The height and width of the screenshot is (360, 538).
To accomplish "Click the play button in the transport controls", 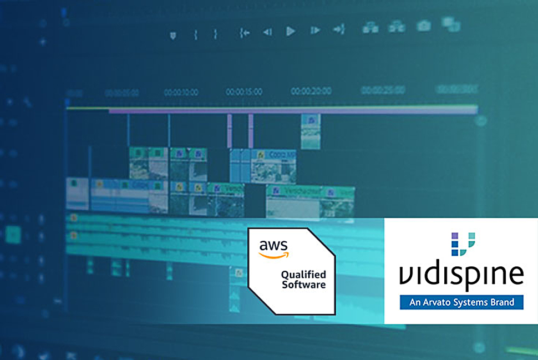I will pos(290,32).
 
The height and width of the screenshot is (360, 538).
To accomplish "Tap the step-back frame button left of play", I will pos(267,32).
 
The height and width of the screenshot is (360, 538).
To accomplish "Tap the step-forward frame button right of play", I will pos(315,31).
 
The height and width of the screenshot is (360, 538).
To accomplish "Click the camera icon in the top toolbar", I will pos(424,26).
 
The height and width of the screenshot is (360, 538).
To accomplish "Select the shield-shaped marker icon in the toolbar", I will pos(173,35).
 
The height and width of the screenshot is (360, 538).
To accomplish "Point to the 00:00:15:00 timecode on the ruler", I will pos(244,92).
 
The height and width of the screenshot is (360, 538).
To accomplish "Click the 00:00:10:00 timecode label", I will pos(181,92).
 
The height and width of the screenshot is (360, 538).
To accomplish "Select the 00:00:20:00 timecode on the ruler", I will pos(311,91).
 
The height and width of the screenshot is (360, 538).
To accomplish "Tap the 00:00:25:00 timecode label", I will pos(383,90).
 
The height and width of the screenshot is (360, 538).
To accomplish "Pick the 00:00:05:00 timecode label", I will pos(121,93).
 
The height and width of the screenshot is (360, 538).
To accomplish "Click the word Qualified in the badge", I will pos(303,275).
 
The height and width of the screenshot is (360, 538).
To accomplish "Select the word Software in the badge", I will pos(303,285).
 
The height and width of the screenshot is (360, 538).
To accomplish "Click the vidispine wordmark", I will pos(461,273).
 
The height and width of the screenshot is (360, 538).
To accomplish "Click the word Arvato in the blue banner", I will pos(437,303).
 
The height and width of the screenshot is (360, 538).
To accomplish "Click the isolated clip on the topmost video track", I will pos(311,131).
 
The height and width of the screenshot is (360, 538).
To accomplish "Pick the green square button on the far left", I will pos(13,234).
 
